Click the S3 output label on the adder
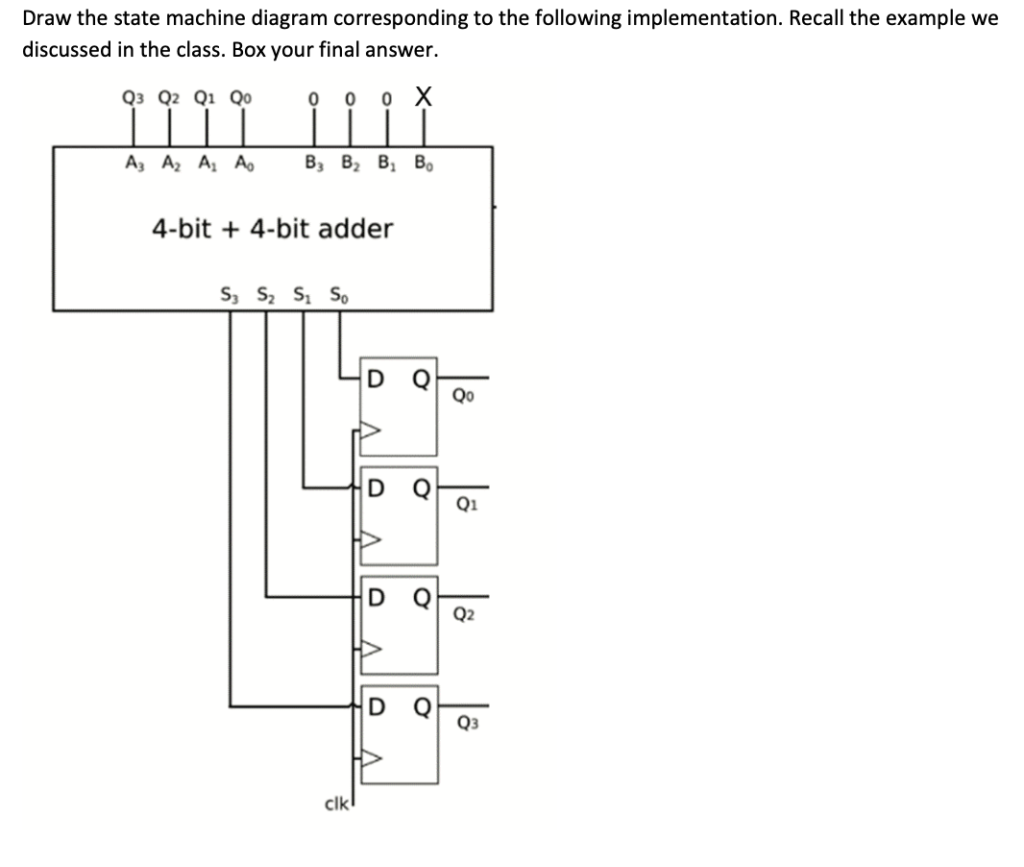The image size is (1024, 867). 229,294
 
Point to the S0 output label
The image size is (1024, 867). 339,294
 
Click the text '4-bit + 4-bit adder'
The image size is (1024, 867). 273,229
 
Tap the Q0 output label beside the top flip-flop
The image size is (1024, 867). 463,393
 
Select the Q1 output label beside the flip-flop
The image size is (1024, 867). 463,504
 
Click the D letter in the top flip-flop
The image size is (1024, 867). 378,377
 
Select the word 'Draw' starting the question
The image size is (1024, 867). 42,18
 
